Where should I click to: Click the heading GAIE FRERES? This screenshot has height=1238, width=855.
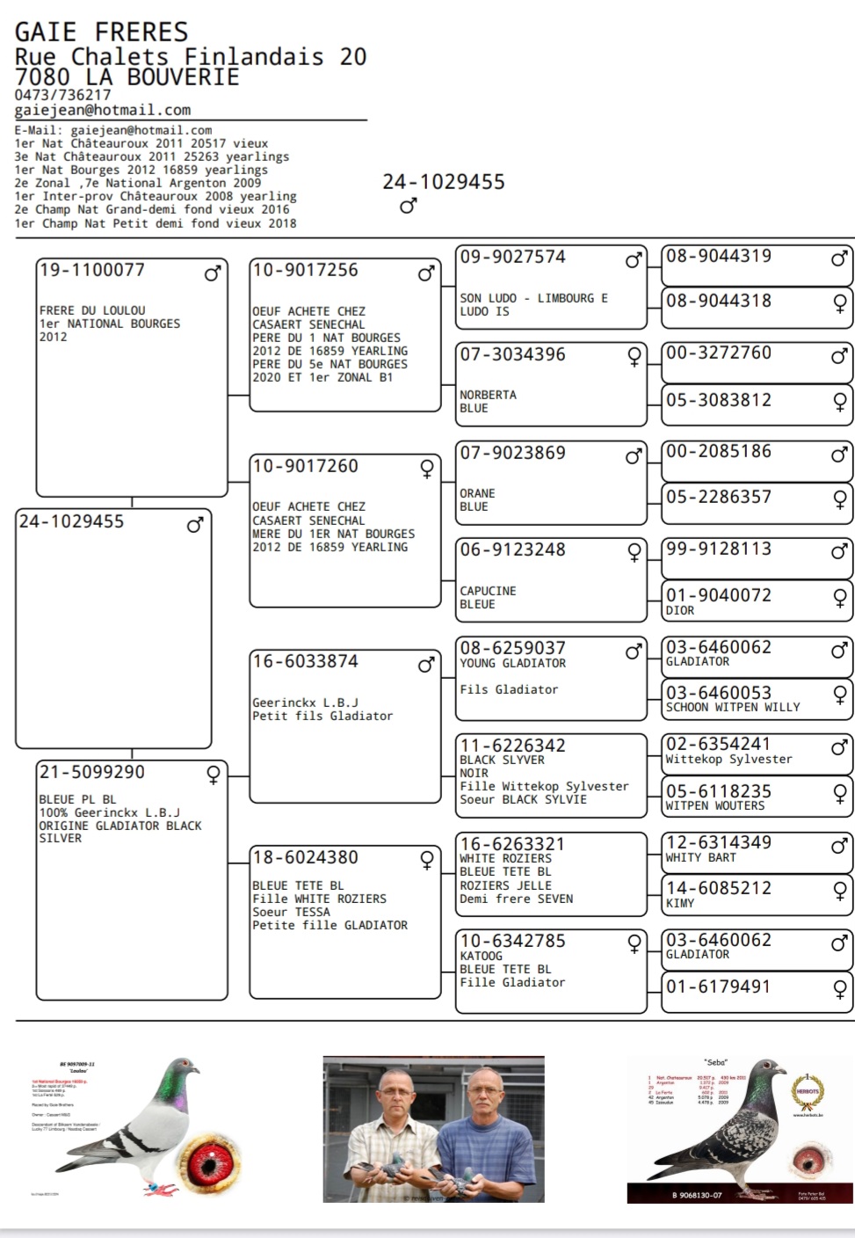click(101, 33)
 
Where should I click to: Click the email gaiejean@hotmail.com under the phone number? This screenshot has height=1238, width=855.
click(102, 111)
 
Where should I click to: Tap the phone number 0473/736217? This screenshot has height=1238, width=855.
click(62, 95)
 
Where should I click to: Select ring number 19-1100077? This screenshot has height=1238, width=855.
click(92, 271)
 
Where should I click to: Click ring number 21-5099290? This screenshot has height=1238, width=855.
click(92, 773)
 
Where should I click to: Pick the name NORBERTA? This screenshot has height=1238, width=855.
click(488, 396)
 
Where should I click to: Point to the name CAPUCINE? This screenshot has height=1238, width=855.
click(488, 591)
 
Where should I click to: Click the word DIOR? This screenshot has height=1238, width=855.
click(680, 610)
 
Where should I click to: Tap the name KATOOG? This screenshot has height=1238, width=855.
click(481, 956)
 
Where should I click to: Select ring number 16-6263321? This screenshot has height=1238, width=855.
click(512, 844)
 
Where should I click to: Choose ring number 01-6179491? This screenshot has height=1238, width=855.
click(718, 987)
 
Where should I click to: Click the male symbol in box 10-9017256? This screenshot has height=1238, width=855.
click(426, 273)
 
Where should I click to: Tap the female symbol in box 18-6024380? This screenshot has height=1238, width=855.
click(427, 860)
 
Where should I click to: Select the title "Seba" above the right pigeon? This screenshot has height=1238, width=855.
click(715, 1063)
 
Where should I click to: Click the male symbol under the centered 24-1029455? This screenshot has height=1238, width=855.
click(408, 206)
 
